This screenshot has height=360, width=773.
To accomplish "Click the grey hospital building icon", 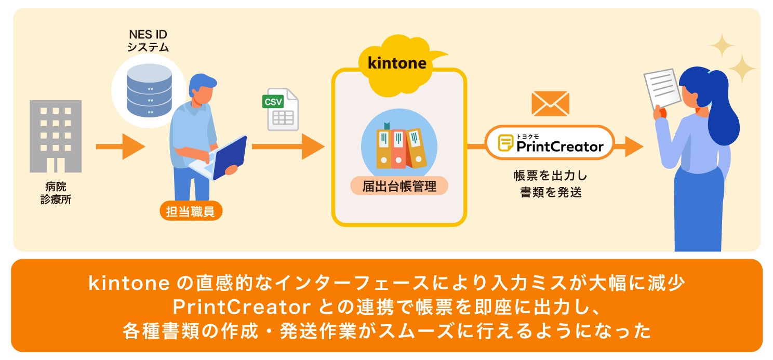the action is pos(56,136).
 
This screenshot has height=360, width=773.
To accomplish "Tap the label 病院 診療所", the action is pos(56,193).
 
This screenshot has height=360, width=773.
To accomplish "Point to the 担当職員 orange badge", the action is pos(191,212).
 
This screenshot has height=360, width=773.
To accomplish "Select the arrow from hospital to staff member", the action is pos(120,147).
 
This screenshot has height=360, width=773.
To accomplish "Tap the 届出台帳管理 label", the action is pos(399,186).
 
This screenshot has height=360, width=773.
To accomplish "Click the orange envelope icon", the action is pos(550,104).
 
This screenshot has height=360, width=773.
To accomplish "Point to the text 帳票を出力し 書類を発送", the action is pos(550,184).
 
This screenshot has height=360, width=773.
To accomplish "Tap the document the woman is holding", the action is pos(662,88).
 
